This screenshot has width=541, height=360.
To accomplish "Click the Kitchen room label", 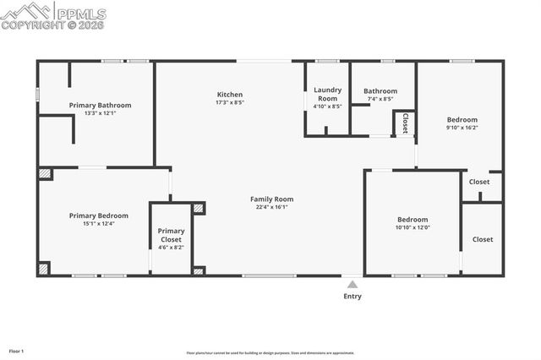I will tap(230, 95).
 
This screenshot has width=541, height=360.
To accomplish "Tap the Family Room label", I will tap(271, 199).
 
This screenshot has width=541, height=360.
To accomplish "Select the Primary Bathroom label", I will tap(100, 106).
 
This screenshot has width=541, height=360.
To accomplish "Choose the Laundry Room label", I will tap(327, 94).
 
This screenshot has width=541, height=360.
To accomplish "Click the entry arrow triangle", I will tap(352, 285).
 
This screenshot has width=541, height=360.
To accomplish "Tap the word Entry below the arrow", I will tap(352, 297).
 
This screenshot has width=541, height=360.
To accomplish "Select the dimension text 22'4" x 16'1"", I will tap(271, 207).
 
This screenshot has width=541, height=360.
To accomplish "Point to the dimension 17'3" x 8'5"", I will tap(230, 102).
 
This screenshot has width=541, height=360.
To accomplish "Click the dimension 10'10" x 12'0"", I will tap(413, 226).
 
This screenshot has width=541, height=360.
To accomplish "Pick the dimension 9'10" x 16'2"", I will tap(462, 128).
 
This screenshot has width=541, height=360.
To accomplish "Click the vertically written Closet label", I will tap(405, 123).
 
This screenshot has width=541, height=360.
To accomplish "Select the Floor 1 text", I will tap(17, 351).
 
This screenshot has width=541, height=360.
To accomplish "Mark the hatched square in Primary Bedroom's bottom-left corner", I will tap(44, 269).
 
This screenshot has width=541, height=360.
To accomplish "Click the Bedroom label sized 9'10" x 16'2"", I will tap(462, 120).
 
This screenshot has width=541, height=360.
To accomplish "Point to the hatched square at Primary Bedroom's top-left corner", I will tap(44, 173).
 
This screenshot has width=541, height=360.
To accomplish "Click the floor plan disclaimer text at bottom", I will tap(270, 352).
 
